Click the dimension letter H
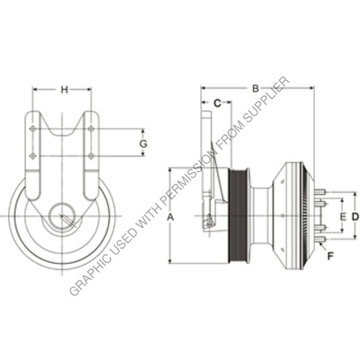(x=64, y=90)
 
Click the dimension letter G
(x=143, y=142)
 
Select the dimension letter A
(x=170, y=215)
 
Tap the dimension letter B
(x=255, y=88)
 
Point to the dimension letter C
(x=217, y=102)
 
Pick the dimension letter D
(x=355, y=216)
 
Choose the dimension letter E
(x=342, y=216)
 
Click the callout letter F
(x=329, y=256)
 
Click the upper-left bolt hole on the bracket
(x=33, y=130)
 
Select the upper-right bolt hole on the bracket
(x=91, y=130)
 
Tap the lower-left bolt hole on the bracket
(x=33, y=156)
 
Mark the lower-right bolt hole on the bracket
(x=91, y=156)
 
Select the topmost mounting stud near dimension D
(x=320, y=193)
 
